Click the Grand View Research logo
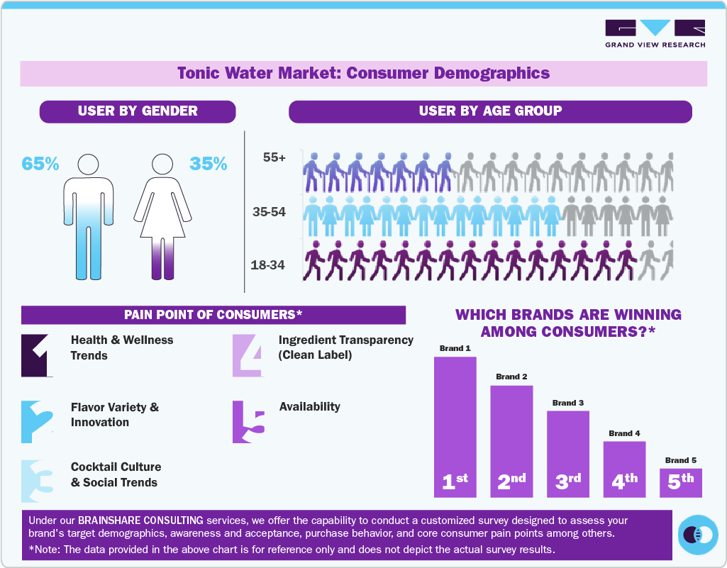(655, 33)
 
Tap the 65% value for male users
(40, 164)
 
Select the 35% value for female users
(209, 164)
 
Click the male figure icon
(88, 216)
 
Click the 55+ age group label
(274, 158)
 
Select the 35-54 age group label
(269, 211)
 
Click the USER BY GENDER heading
(138, 111)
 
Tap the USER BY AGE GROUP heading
(490, 111)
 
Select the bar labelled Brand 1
(455, 425)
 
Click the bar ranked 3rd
(567, 454)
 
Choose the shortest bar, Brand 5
(680, 482)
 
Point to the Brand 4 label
(624, 433)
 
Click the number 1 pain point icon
(37, 355)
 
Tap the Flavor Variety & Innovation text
(115, 415)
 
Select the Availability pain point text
(309, 407)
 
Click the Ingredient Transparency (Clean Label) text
(345, 347)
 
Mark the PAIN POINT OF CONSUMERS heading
(213, 315)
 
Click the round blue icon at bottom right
(699, 535)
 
